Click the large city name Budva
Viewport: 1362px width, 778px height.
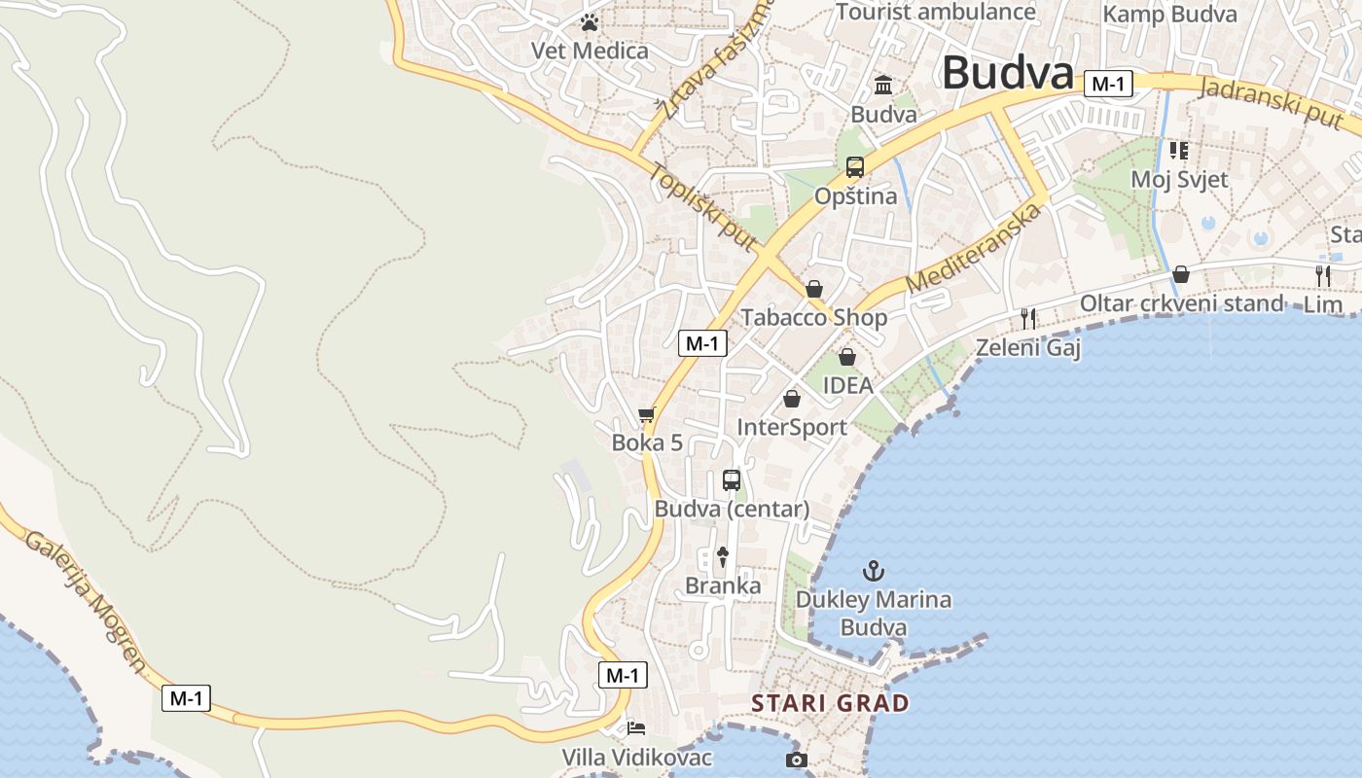coord(1008,73)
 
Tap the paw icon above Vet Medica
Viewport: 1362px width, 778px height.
coord(590,22)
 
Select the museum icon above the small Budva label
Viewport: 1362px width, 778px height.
coord(883,86)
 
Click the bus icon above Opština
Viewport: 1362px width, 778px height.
coord(855,167)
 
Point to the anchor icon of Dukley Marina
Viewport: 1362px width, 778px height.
coord(874,570)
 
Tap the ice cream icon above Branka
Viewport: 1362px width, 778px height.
coord(723,556)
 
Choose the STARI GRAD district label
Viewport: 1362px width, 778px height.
coord(830,702)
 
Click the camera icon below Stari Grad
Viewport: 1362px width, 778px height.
coord(797,760)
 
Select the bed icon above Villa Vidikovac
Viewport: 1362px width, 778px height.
coord(636,727)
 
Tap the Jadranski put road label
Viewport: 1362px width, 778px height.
coord(1275,101)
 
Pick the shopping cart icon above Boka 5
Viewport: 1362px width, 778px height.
coord(647,415)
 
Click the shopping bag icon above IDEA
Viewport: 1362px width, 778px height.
coord(847,357)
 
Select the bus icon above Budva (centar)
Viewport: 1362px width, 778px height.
coord(732,480)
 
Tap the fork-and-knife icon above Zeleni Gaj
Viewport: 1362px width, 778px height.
coord(1028,318)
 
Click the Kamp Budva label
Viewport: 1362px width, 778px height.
coord(1169,14)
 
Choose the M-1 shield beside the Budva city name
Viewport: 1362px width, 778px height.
coord(1107,84)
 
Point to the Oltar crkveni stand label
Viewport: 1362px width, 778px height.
coord(1181,303)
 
